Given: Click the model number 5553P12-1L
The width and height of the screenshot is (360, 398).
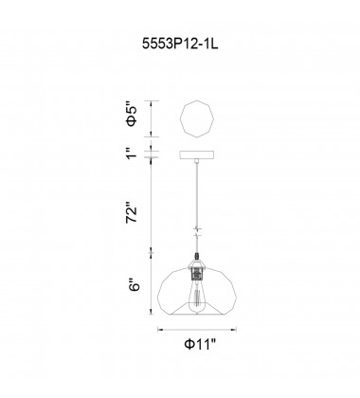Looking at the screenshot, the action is point(180,45).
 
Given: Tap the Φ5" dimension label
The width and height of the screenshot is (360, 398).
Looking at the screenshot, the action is point(132,114).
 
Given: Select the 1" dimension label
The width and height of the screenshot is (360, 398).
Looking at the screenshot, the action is point(132,153).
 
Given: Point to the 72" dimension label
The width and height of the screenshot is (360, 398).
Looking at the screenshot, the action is point(132,212).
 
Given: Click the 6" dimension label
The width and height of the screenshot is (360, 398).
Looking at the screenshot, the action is point(133,284).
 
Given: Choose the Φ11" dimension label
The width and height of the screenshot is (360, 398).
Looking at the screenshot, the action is point(200,344).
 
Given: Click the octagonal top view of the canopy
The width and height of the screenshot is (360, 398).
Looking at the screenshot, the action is point(197,119).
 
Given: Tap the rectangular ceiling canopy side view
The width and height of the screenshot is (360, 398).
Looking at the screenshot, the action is point(197,154).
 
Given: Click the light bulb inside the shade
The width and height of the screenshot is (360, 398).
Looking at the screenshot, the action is point(196,298).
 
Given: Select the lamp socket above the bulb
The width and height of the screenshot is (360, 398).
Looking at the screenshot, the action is point(197,273).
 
